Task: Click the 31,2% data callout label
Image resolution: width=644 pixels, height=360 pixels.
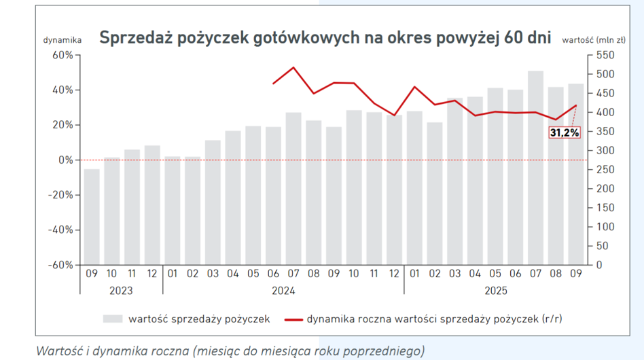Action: click(565, 133)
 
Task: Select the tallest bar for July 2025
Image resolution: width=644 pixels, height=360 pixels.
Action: click(535, 167)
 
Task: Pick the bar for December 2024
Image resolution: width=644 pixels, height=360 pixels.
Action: click(394, 190)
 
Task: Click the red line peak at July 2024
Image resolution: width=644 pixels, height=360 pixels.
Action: click(293, 67)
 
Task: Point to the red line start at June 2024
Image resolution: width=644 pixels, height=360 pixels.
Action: click(273, 84)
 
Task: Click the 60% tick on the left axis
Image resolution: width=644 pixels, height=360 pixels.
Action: click(63, 55)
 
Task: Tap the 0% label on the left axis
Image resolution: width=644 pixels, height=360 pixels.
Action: click(66, 160)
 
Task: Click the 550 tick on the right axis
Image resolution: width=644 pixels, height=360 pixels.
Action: click(605, 55)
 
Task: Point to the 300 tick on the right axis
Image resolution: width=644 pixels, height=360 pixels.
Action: click(605, 150)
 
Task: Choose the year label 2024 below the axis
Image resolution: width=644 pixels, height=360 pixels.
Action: click(283, 290)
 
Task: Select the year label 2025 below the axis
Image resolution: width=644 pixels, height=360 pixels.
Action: click(495, 290)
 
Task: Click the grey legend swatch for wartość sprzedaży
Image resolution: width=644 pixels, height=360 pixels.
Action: click(113, 319)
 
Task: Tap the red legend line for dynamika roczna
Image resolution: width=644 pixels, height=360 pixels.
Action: click(293, 319)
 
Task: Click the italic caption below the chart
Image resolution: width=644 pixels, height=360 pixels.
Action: click(230, 350)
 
